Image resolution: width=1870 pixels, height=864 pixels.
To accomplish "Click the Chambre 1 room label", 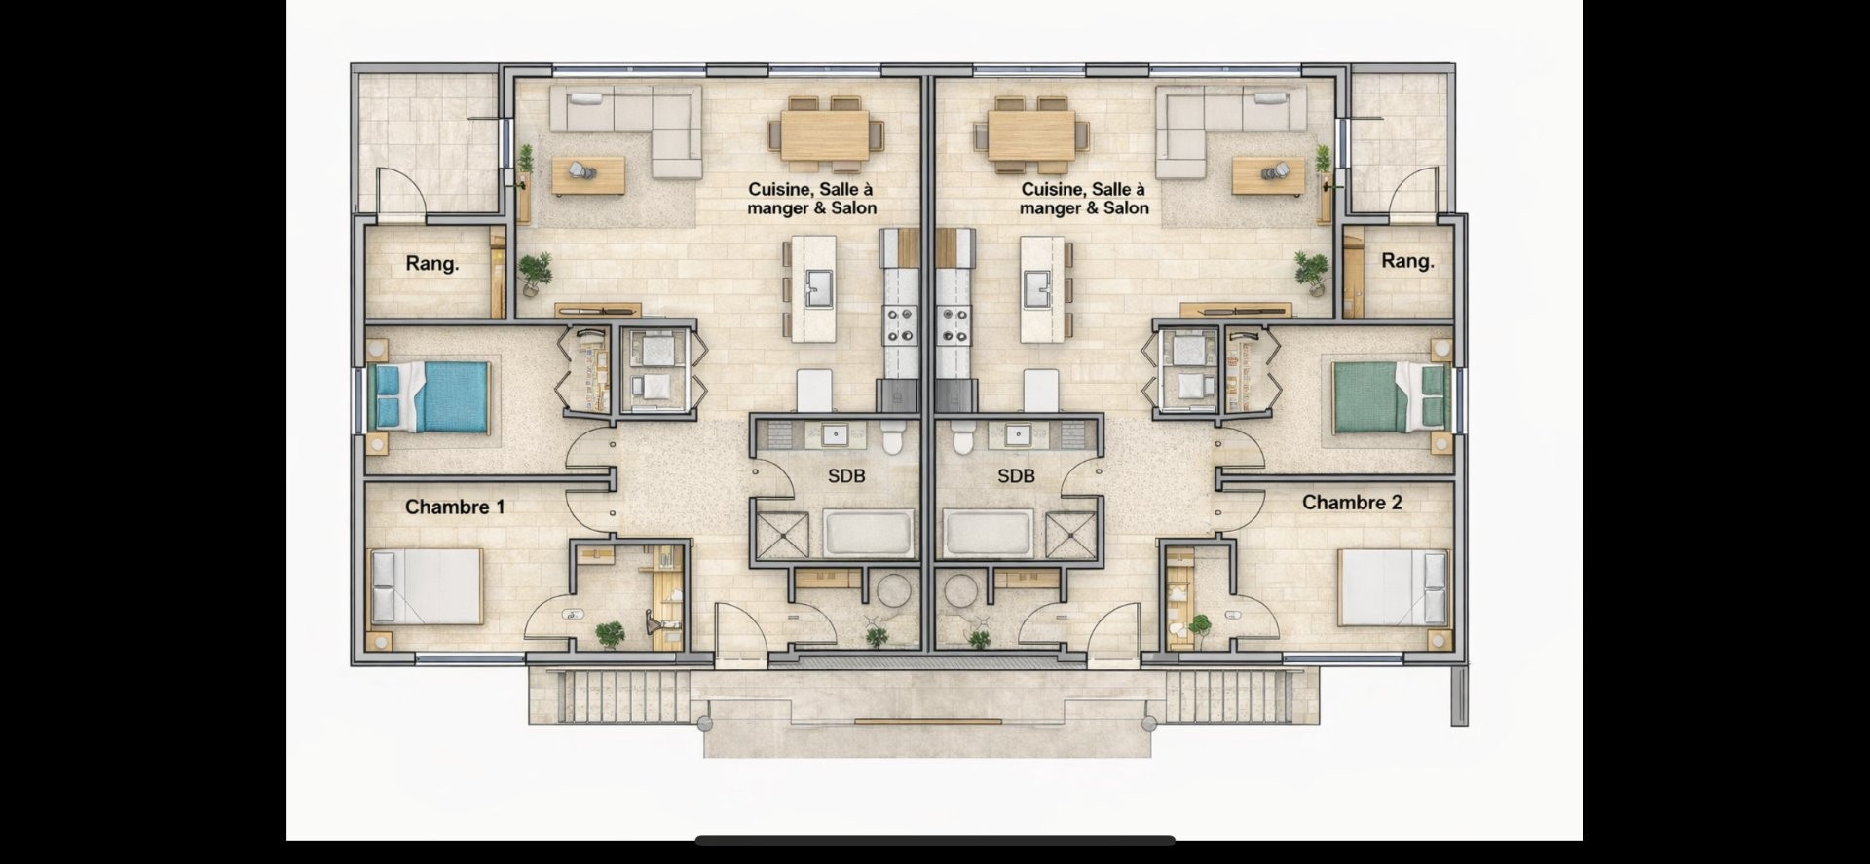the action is pyautogui.click(x=455, y=507).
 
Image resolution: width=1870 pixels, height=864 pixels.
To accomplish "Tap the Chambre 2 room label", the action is pyautogui.click(x=1352, y=503).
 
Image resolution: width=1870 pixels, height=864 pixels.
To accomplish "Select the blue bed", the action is pyautogui.click(x=430, y=395).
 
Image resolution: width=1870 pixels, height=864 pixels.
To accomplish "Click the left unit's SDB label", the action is pyautogui.click(x=846, y=476).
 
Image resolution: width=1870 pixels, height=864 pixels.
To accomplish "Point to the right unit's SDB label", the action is pyautogui.click(x=1016, y=476).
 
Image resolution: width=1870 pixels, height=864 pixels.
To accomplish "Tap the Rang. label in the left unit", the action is pyautogui.click(x=432, y=264).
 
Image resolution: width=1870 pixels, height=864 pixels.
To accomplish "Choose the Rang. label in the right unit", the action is pyautogui.click(x=1408, y=261).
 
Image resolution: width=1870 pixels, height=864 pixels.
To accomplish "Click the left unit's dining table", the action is pyautogui.click(x=825, y=134).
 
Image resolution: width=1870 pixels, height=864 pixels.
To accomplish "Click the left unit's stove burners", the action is pyautogui.click(x=900, y=324).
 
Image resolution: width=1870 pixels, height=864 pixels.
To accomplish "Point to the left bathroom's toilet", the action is pyautogui.click(x=892, y=438).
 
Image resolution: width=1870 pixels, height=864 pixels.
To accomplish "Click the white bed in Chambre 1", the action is pyautogui.click(x=427, y=586).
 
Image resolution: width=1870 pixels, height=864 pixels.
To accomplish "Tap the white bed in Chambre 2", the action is pyautogui.click(x=1394, y=586).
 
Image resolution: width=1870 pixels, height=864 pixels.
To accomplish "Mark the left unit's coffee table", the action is pyautogui.click(x=588, y=176).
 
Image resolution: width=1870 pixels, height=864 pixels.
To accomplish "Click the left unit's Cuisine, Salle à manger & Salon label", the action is pyautogui.click(x=811, y=199).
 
